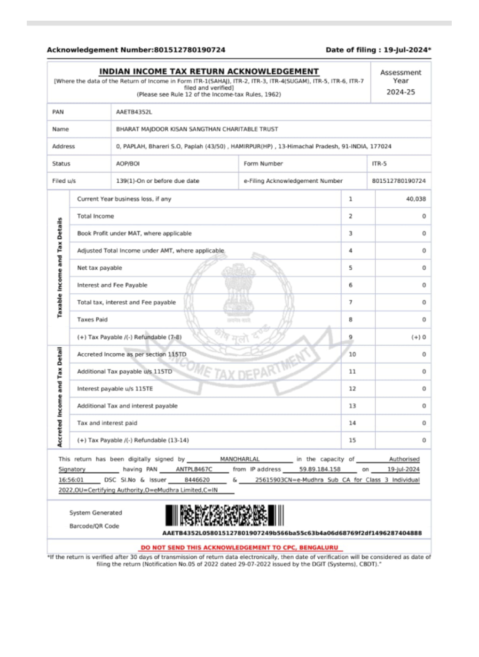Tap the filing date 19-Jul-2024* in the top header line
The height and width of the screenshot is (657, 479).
(x=407, y=50)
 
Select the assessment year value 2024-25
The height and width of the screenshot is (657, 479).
(x=400, y=92)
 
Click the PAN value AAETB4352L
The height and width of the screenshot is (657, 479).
(x=134, y=112)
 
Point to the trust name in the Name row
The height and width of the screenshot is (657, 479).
(x=197, y=129)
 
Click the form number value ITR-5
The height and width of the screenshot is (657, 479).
(x=379, y=164)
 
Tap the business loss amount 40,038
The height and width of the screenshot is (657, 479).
(x=416, y=199)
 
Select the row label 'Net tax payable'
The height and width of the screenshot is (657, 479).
(x=100, y=268)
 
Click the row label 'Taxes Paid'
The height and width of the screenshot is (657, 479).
(x=93, y=320)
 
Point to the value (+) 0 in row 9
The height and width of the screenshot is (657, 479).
(x=418, y=337)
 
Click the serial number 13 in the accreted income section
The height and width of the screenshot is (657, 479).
(x=352, y=406)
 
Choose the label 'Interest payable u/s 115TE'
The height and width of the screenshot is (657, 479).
(x=115, y=389)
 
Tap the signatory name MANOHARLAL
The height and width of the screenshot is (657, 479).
(x=240, y=459)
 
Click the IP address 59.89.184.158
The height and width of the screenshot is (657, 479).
(x=320, y=469)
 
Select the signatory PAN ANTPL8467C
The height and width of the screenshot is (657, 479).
(x=194, y=469)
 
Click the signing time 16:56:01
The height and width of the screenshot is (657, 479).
(x=71, y=480)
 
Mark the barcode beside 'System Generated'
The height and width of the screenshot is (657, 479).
(x=225, y=516)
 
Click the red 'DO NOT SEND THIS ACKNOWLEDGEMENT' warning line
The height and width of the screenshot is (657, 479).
(x=239, y=547)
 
